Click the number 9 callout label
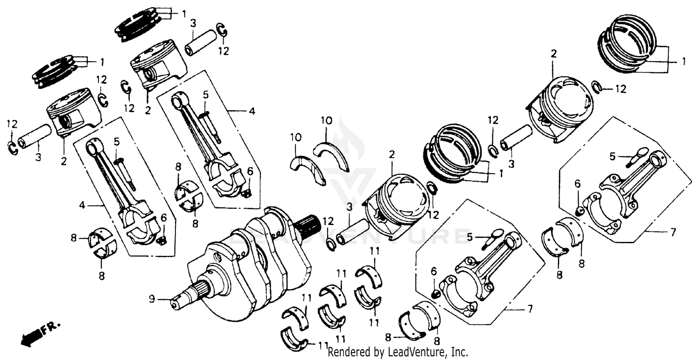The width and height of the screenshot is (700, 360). (151, 299)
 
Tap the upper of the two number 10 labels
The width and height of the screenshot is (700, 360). (326, 121)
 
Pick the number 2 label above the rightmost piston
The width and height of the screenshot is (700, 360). (553, 54)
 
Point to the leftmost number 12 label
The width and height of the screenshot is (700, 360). (12, 124)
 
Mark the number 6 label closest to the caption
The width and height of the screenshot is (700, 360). (434, 271)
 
